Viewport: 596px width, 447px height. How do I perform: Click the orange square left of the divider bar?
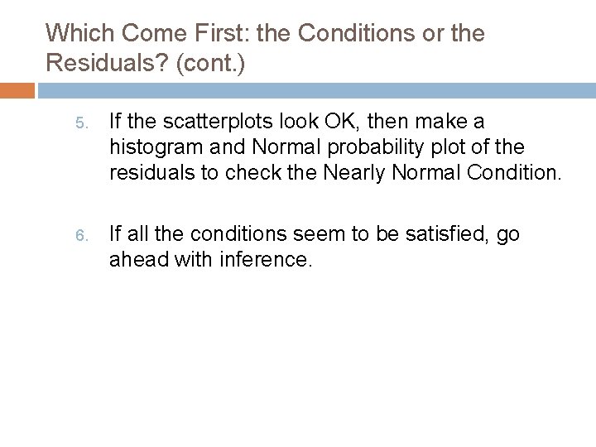pyautogui.click(x=17, y=89)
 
